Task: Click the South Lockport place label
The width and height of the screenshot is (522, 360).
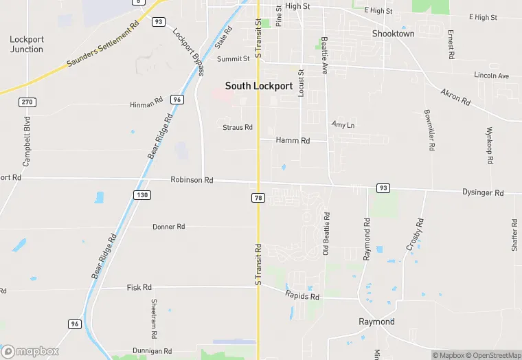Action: click(x=259, y=87)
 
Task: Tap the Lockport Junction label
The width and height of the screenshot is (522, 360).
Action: click(x=27, y=45)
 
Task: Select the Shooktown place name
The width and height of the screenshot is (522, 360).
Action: click(x=393, y=34)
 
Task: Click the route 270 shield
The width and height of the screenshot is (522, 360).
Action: click(x=27, y=102)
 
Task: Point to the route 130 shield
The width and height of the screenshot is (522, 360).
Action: click(x=141, y=195)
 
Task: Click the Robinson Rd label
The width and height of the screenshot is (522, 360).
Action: click(x=192, y=180)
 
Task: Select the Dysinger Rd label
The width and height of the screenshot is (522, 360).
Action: click(x=483, y=193)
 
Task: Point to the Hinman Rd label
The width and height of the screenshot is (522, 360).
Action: click(x=146, y=105)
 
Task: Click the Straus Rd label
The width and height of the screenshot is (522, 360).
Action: click(x=238, y=127)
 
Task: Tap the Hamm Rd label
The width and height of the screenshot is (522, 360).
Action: click(x=293, y=140)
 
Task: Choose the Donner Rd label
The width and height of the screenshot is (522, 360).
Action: click(x=168, y=227)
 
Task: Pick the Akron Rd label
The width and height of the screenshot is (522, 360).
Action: click(x=455, y=97)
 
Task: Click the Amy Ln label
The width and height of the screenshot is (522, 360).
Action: click(x=343, y=125)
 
